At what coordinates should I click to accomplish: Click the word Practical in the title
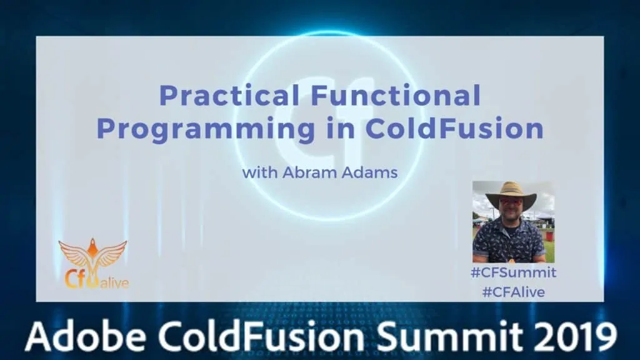coord(229,95)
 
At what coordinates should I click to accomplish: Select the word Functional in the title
coord(396,95)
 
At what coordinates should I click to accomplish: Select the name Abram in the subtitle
coord(310,172)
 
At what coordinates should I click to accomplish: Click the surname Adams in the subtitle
coord(369,172)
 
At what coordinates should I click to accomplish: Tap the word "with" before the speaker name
coord(260,172)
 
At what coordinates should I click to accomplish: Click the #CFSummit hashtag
coord(514,272)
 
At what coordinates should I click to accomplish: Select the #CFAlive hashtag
coord(514,292)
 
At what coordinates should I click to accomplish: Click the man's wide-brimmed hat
coord(511,194)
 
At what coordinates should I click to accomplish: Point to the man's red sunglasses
coord(509,202)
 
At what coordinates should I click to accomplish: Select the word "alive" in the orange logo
coord(115,282)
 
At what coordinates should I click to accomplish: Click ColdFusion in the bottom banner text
coord(261,336)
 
